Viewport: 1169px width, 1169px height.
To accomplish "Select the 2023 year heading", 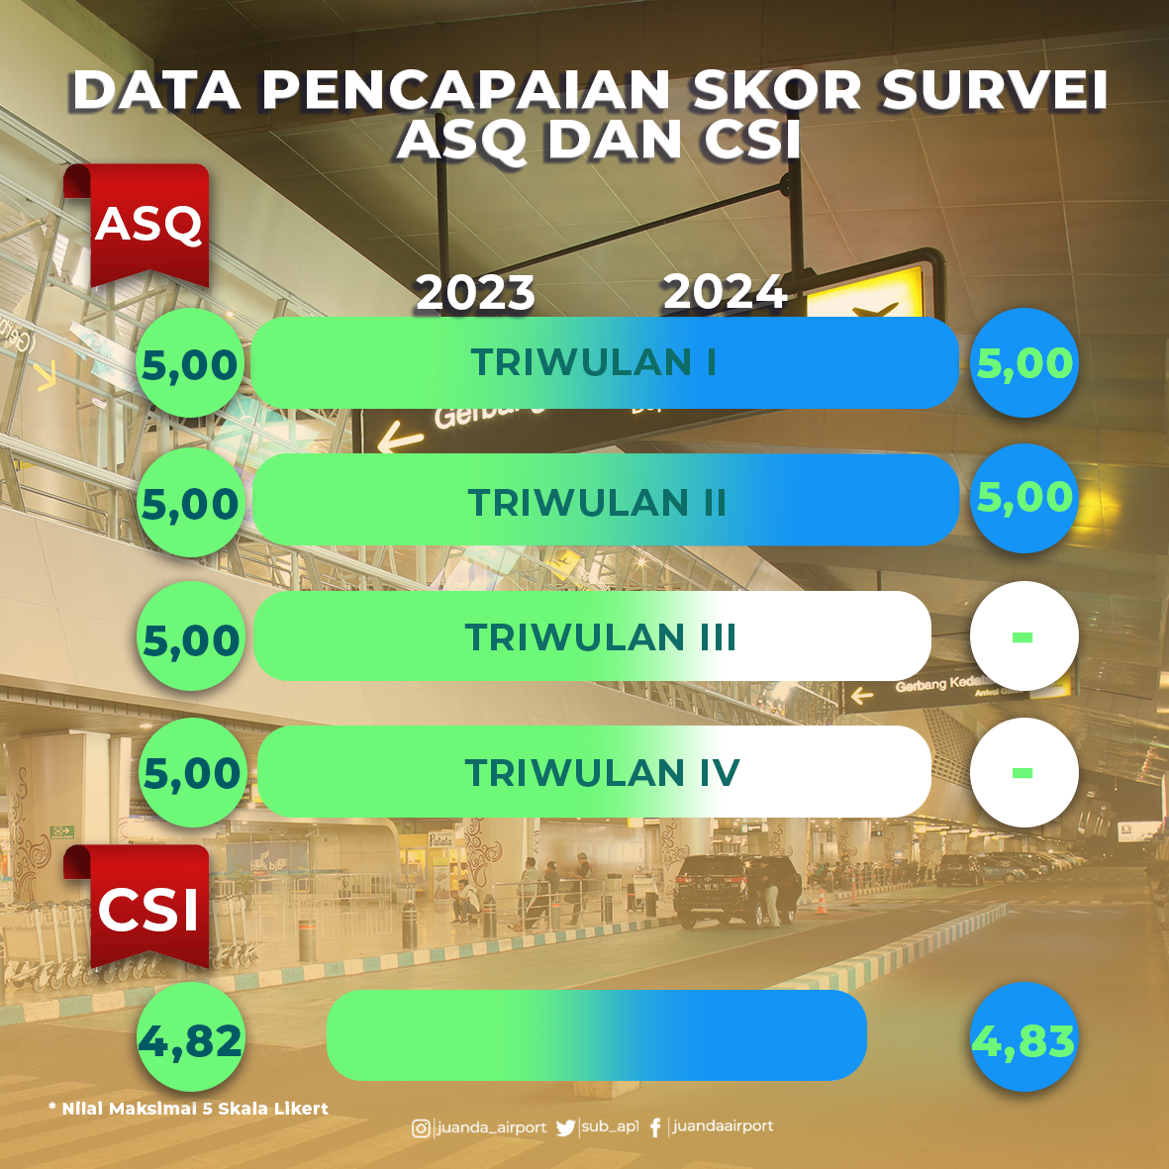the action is coord(475,292).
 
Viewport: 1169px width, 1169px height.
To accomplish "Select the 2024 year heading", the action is coord(725,291).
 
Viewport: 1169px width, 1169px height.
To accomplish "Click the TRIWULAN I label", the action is coord(594,362).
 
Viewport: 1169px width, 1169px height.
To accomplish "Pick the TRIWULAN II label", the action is coord(597,503).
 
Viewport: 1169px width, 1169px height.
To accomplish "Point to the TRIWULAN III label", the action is coord(600,637).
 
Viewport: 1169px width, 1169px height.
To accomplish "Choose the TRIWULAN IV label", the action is coord(602,772).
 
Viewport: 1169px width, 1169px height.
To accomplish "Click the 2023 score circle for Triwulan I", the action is coord(190,363).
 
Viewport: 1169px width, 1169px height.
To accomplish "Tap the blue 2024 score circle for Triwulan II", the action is coord(1024,498).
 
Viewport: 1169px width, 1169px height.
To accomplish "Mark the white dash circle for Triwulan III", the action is coord(1024,635).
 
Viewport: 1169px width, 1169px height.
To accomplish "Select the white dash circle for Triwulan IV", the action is coord(1024,772).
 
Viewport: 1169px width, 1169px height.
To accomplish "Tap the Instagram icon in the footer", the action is coord(422,1128).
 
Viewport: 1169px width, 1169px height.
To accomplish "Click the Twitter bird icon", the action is coord(566,1128).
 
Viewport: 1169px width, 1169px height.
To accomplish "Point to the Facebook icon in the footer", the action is coord(655,1128).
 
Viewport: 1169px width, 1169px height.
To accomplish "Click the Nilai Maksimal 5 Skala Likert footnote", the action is coord(188,1109).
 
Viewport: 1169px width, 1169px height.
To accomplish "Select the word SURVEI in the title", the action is coord(994,91).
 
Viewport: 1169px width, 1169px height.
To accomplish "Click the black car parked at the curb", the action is coord(736,890).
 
